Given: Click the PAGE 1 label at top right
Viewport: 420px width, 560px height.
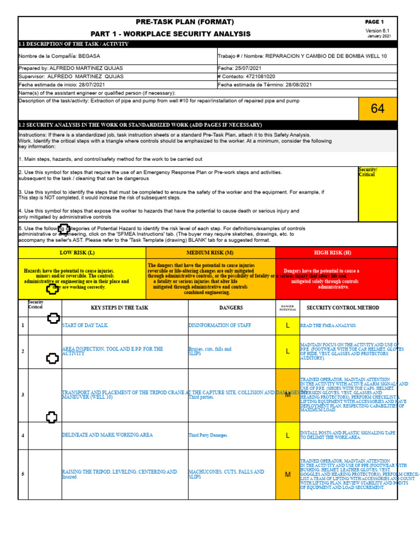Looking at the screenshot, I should click(375, 22).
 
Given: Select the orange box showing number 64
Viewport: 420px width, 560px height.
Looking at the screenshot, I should click(377, 109).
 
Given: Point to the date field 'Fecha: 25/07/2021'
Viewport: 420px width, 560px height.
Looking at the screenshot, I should click(241, 68).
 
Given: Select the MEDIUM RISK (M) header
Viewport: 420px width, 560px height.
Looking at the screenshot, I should click(210, 253).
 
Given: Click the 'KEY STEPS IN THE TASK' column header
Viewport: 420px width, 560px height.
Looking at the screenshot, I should click(119, 308).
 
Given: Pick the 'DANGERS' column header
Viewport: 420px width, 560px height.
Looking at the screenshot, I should click(231, 308).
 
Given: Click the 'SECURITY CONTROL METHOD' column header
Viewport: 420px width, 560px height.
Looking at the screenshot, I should click(343, 308).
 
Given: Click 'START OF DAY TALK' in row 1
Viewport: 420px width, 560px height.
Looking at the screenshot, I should click(85, 325).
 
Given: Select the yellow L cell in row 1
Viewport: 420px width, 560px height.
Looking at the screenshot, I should click(288, 325).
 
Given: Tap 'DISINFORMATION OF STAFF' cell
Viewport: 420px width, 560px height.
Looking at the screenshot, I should click(220, 325).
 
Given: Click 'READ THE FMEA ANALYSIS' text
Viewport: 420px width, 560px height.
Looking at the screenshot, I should click(328, 325).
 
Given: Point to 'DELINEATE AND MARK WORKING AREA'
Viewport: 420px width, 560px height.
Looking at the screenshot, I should click(107, 435).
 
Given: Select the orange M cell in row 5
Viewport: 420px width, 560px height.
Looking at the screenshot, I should click(288, 475).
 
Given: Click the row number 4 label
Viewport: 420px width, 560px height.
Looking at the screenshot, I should click(22, 435).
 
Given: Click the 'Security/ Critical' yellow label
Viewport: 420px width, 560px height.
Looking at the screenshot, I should click(367, 172).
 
